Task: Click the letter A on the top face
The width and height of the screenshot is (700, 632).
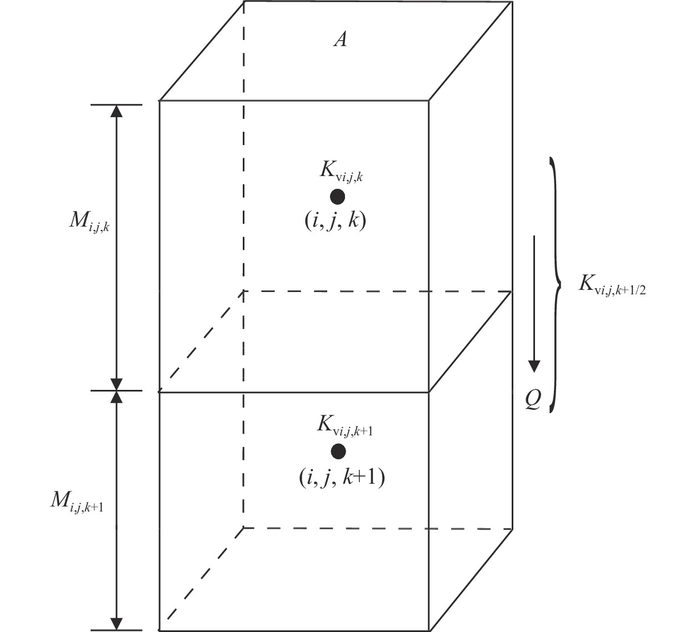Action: [x=340, y=39]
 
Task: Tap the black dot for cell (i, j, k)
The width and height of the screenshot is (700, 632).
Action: [x=337, y=197]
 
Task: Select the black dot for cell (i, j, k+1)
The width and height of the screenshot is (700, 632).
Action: [x=338, y=451]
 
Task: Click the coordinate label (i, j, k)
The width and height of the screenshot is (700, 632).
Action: [x=335, y=221]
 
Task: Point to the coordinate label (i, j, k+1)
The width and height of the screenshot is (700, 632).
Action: [x=342, y=477]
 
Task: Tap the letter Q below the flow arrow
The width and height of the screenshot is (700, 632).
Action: [x=533, y=399]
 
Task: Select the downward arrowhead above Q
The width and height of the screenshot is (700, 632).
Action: [x=534, y=366]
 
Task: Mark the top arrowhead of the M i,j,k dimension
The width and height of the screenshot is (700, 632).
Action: [x=116, y=111]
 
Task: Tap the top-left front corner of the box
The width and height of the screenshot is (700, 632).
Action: [x=160, y=101]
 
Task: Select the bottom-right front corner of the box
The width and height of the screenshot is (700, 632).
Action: [x=429, y=630]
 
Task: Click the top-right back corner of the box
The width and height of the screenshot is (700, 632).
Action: [x=512, y=2]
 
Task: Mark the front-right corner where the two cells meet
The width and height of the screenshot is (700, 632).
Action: [x=429, y=392]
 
